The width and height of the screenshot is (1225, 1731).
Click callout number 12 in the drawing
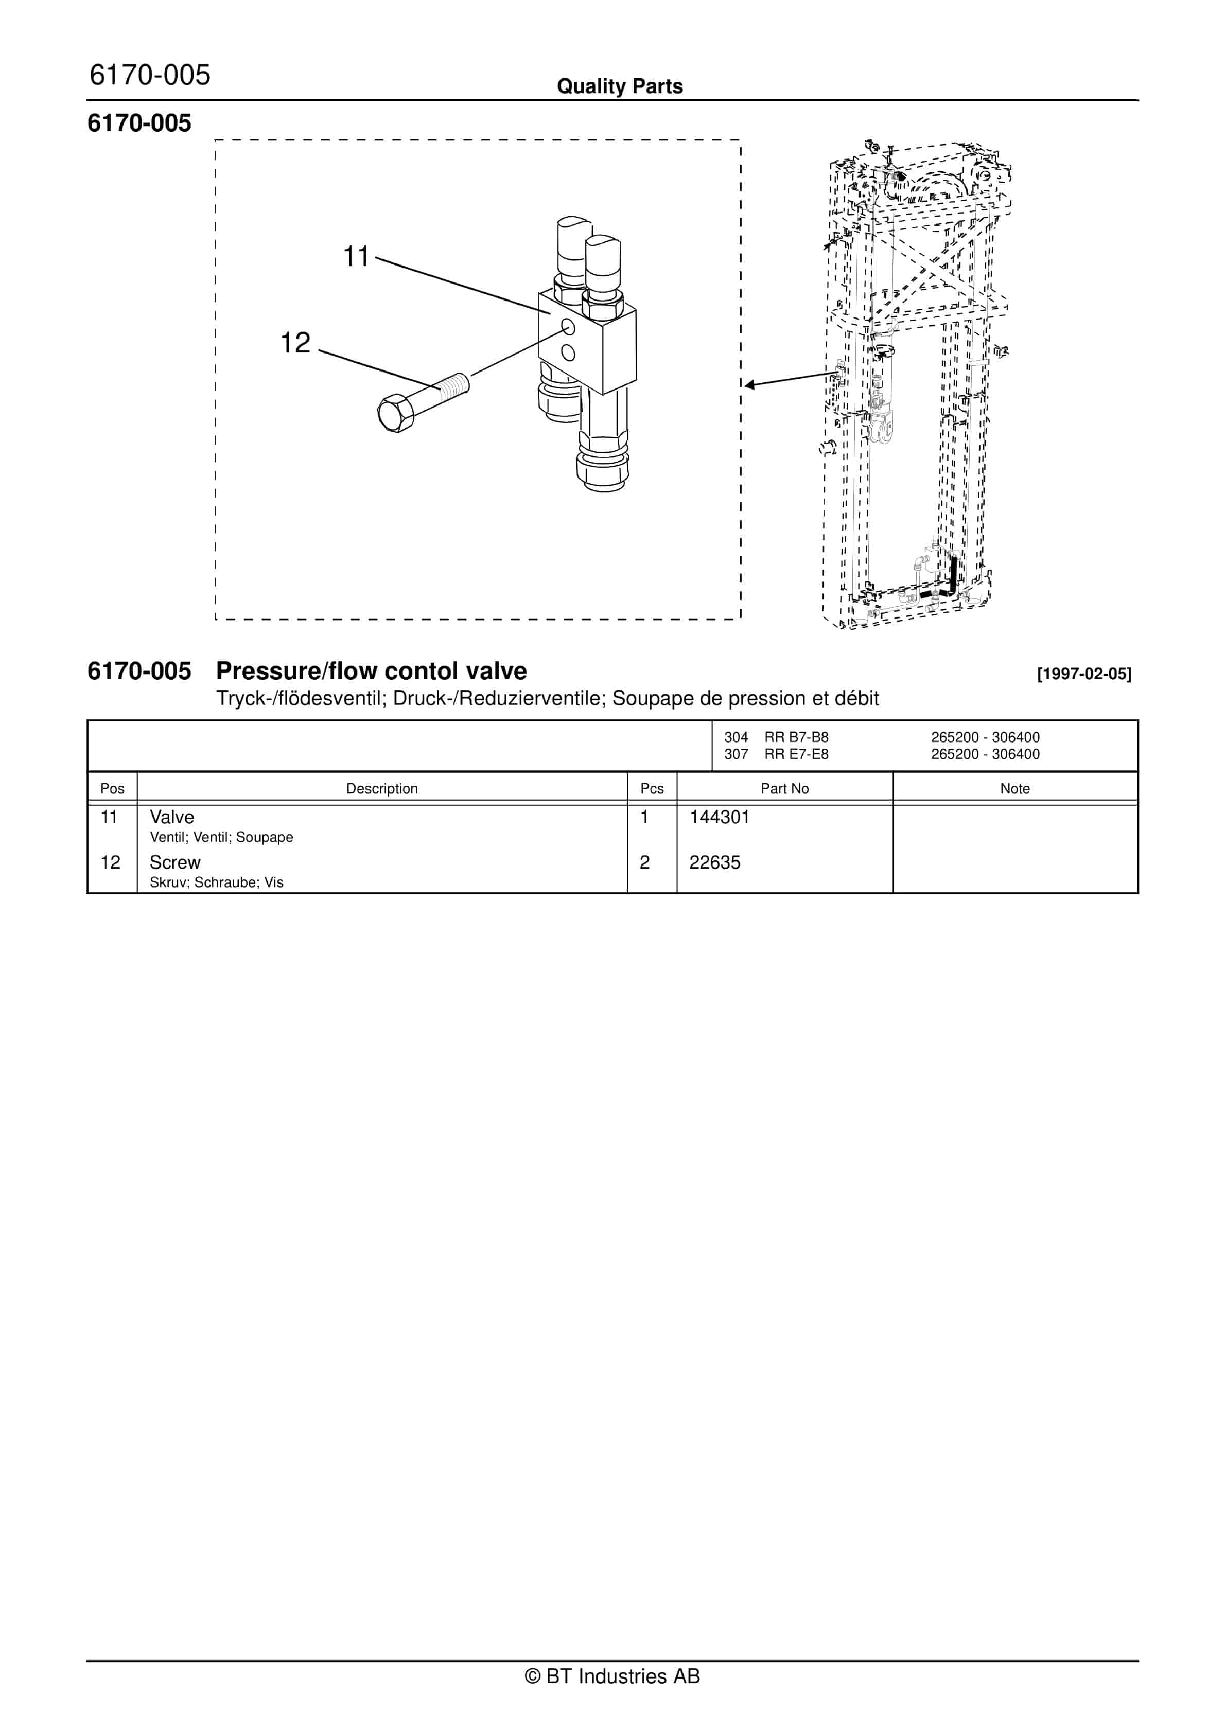point(295,343)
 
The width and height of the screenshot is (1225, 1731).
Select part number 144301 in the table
point(719,817)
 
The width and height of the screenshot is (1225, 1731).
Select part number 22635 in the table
point(714,862)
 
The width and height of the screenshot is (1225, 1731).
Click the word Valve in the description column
point(172,817)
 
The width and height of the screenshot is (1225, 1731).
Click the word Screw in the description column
point(175,862)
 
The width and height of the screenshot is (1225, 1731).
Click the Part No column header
point(784,789)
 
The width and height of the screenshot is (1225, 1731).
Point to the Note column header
point(1014,789)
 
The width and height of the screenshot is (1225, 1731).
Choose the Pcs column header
point(652,789)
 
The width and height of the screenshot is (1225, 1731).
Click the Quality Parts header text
point(619,86)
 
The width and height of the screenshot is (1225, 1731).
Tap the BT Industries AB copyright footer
point(612,1676)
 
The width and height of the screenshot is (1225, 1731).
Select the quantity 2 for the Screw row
point(645,862)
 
